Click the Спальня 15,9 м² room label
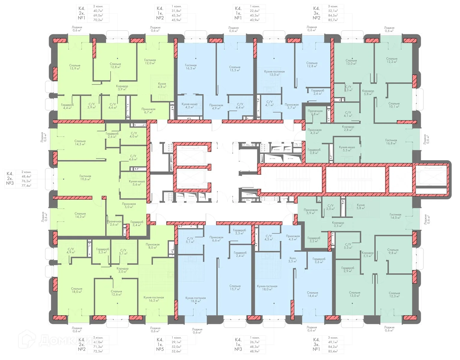click(74, 67)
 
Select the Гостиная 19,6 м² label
click(85, 178)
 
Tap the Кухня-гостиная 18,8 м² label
click(195, 299)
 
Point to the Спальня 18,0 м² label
click(77, 290)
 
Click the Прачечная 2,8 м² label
click(315, 112)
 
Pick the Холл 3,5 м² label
click(292, 259)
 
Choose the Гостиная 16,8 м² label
click(391, 142)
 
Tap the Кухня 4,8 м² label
click(162, 85)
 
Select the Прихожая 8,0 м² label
click(153, 246)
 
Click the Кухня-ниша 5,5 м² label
click(347, 149)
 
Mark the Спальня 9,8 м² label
click(393, 251)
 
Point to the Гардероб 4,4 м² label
click(67, 106)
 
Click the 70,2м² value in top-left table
click(98, 20)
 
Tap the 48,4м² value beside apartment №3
click(26, 177)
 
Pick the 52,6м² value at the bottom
click(176, 351)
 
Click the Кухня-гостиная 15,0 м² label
click(274, 73)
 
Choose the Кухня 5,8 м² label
click(361, 206)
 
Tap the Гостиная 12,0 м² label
click(150, 61)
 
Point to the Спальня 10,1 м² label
click(394, 105)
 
